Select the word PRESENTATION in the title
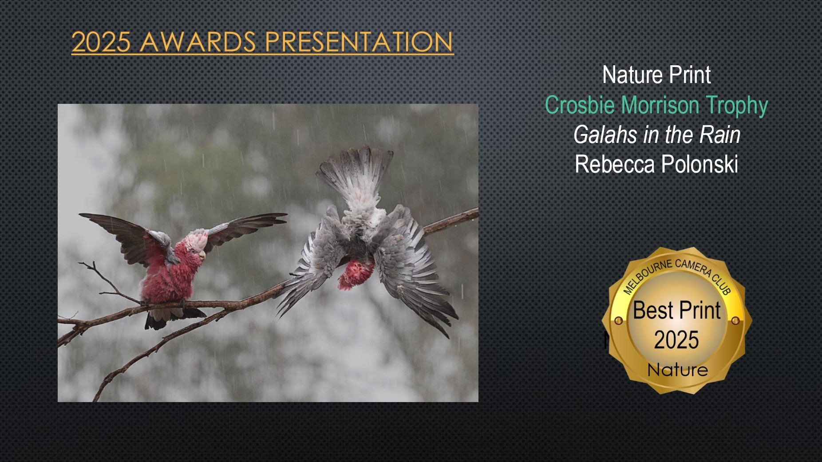(x=359, y=42)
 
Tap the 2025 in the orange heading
(x=101, y=42)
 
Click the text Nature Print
(x=656, y=75)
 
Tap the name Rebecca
(x=615, y=164)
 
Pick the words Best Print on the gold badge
(x=677, y=310)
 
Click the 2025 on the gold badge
(x=676, y=340)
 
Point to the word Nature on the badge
(x=678, y=370)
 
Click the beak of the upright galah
(x=203, y=255)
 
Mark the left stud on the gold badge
(x=618, y=320)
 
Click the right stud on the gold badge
(x=735, y=320)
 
